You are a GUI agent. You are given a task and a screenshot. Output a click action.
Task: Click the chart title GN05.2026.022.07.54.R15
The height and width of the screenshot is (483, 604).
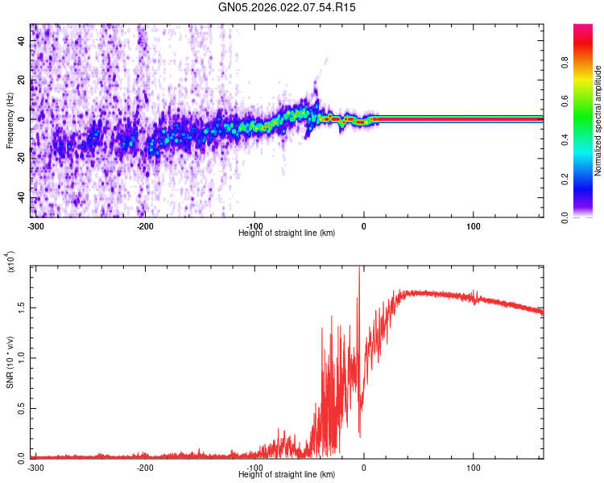[288, 7]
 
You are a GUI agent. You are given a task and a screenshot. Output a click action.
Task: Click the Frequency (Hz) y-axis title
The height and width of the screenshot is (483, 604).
[10, 121]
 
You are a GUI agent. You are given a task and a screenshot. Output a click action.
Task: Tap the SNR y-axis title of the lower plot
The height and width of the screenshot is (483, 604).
[10, 362]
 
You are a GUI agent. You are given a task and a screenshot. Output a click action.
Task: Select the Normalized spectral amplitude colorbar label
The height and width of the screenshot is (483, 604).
[598, 121]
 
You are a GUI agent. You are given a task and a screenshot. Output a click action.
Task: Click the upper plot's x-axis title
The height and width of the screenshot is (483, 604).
[287, 233]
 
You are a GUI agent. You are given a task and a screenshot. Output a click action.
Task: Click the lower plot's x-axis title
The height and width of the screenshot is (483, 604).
[287, 474]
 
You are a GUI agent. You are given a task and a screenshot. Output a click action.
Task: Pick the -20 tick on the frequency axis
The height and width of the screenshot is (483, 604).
[20, 159]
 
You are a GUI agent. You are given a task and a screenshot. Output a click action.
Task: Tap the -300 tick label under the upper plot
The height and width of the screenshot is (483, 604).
[35, 225]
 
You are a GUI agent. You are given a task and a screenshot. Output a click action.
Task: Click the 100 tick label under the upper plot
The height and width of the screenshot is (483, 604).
[474, 225]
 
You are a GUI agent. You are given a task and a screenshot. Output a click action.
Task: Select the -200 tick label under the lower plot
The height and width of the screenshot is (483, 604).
[145, 466]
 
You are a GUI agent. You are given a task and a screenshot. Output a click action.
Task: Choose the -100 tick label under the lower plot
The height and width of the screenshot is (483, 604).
[254, 466]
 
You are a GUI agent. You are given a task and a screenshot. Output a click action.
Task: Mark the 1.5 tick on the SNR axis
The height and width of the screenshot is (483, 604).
[21, 307]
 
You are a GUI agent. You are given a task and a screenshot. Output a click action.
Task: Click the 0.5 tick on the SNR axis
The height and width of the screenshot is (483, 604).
[21, 407]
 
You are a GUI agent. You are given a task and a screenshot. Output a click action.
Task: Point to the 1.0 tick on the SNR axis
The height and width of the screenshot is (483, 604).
[21, 357]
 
